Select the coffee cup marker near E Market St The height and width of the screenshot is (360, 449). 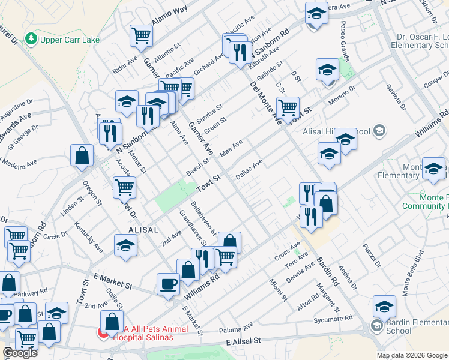tap(168, 283)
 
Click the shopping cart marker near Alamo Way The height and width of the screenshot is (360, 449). tap(141, 35)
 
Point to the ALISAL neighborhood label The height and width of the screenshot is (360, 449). tap(143, 230)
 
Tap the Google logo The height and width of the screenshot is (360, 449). tap(20, 353)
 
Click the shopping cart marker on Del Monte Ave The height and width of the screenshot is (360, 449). tap(288, 108)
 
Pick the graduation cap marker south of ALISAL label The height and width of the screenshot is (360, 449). tap(125, 245)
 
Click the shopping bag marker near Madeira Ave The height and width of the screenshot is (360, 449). tap(82, 155)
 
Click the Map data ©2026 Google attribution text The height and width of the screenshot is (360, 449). tap(412, 355)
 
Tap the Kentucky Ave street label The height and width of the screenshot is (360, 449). tap(88, 237)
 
